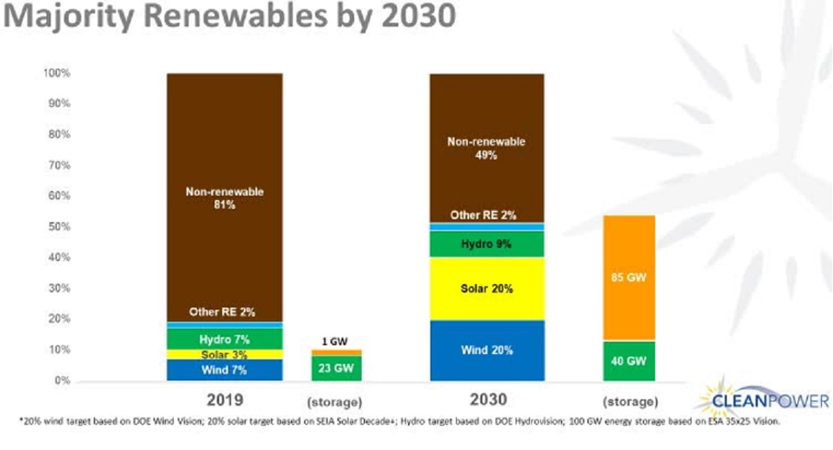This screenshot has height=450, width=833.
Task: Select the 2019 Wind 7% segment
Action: point(224,369)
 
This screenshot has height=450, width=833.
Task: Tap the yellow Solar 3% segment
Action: point(224,354)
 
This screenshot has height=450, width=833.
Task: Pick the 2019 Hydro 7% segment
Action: point(224,339)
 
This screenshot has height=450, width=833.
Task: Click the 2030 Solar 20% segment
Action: point(487,288)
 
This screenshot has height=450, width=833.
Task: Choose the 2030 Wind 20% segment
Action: point(487,350)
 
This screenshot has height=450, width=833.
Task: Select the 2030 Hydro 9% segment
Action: point(487,244)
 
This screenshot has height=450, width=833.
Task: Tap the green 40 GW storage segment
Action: point(629,360)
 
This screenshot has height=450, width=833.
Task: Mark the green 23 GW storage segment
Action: point(336,368)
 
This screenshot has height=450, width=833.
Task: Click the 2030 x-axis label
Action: point(487,399)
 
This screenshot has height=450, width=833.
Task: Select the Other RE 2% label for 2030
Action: point(483,215)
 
